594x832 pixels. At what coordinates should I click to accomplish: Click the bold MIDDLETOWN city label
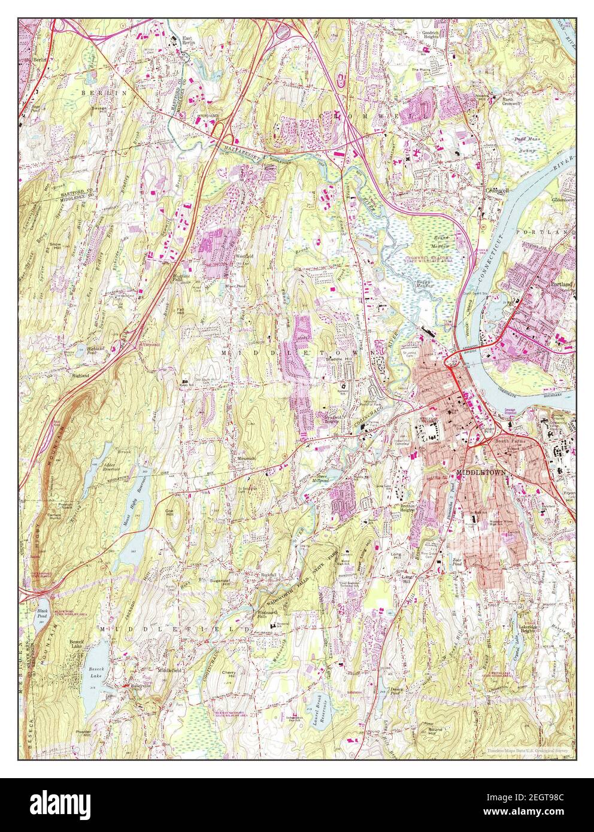coord(481,472)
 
